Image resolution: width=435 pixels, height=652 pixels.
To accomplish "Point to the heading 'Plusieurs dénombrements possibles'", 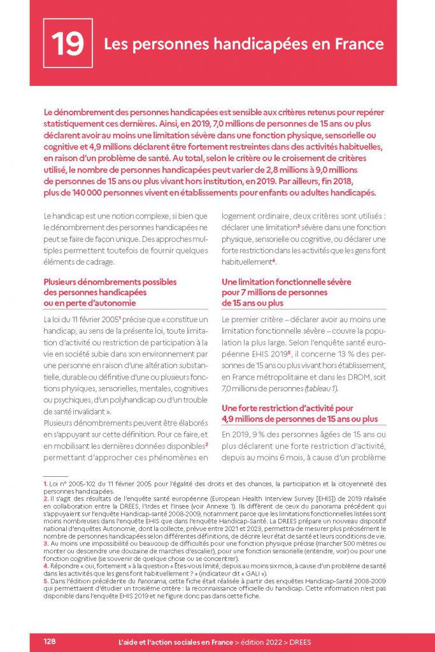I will pos(110,281).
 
